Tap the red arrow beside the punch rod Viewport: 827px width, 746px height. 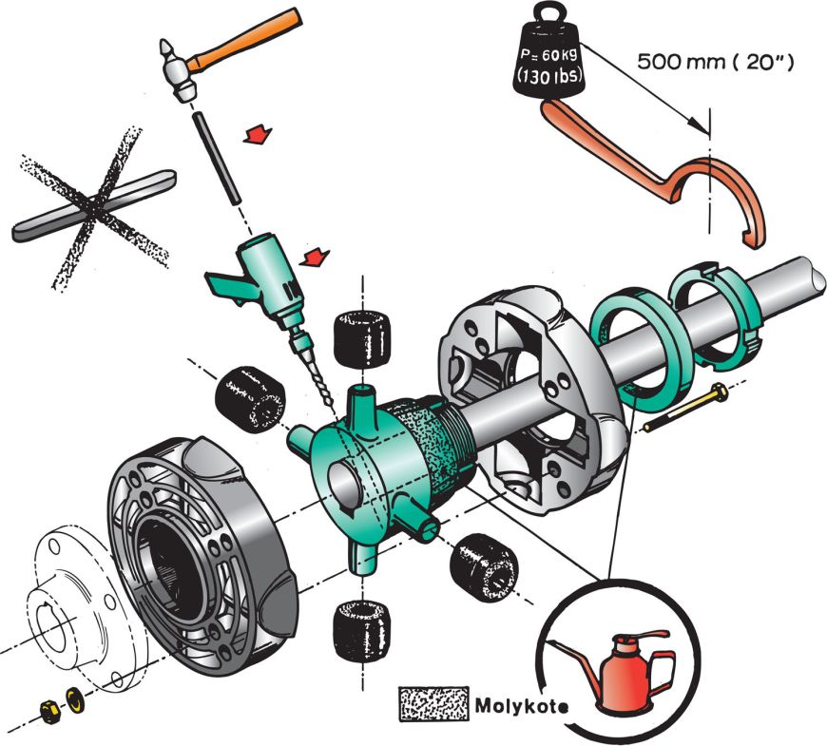point(255,137)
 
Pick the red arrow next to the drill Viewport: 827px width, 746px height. point(314,256)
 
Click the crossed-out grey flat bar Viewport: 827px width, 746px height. point(95,201)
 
